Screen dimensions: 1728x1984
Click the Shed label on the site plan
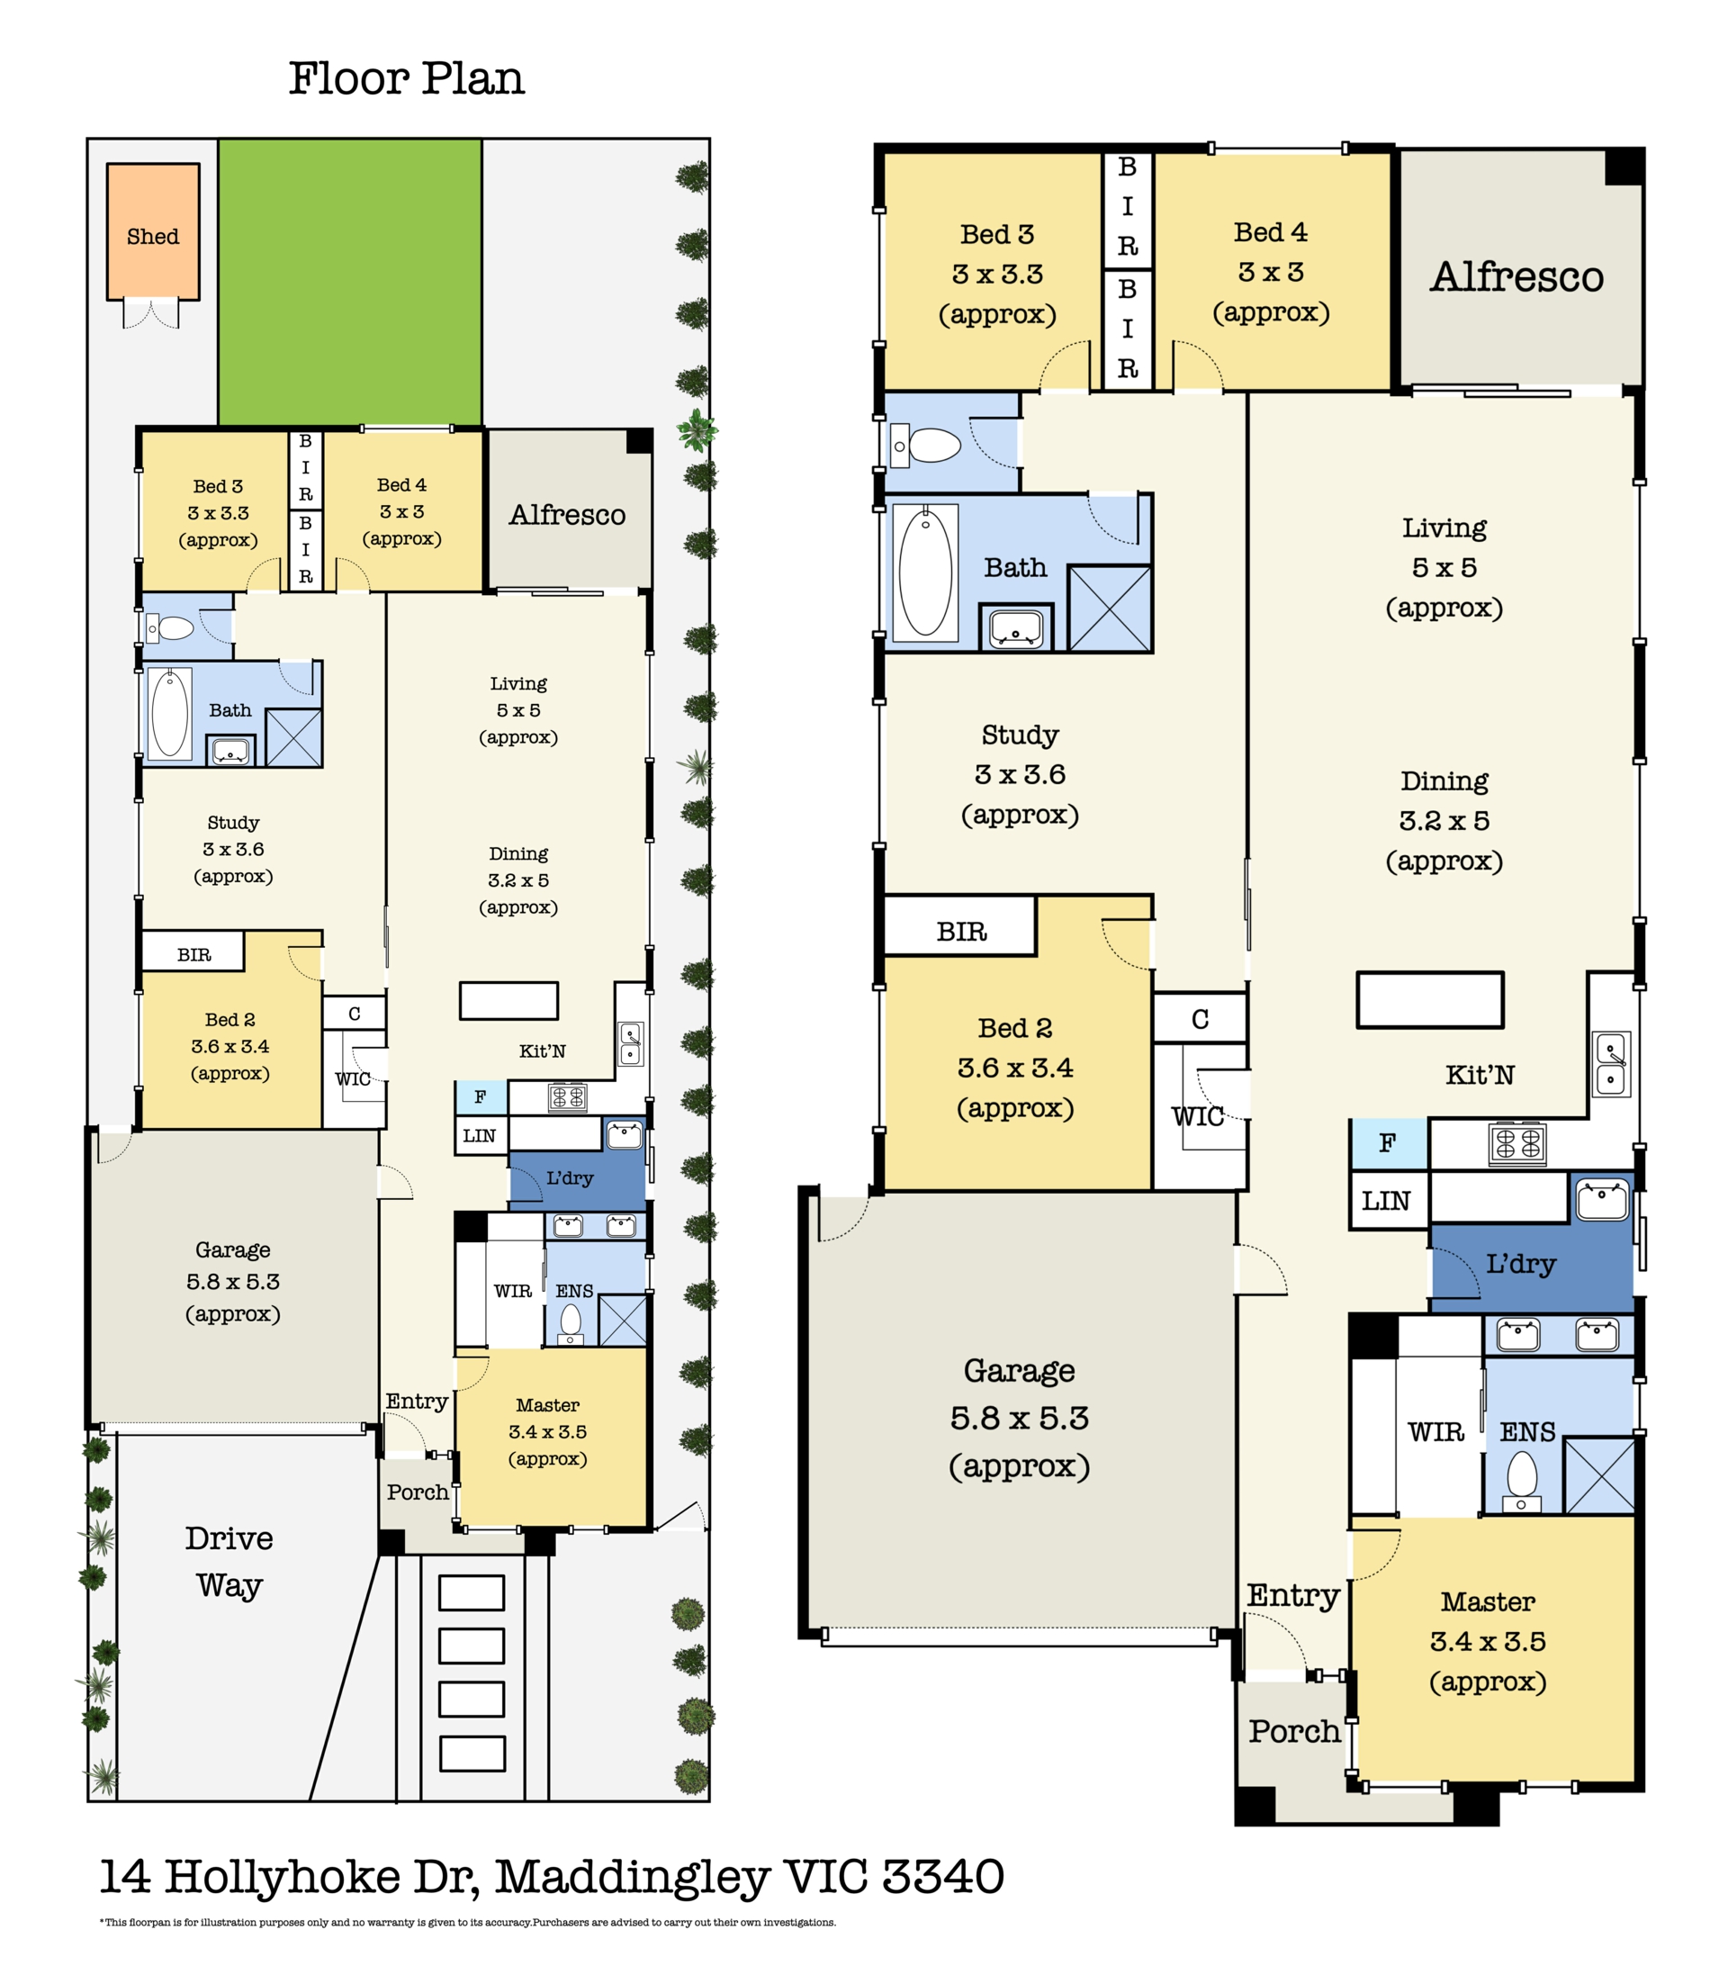pos(152,237)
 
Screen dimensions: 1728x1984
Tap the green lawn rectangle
pos(350,282)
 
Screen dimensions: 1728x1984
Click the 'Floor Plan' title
pos(407,78)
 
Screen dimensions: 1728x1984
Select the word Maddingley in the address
pos(632,1877)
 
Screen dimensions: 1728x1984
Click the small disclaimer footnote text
pos(468,1922)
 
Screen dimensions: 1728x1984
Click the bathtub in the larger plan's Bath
pos(926,573)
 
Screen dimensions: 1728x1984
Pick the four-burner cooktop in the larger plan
pos(1517,1145)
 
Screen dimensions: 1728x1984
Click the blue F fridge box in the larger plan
pos(1389,1144)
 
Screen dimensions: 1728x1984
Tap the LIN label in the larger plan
pos(1386,1201)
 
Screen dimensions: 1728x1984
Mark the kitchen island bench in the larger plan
pos(1430,999)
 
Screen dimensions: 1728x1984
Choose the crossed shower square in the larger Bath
pos(1110,609)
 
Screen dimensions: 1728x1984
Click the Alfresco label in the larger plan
pos(1516,277)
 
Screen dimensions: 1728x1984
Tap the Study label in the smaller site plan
pos(233,823)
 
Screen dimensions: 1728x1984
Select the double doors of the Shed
pos(151,314)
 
